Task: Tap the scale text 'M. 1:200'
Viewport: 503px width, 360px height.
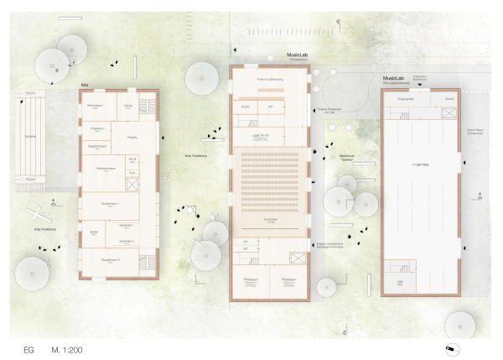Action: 66,347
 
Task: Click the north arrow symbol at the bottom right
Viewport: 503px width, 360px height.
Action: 452,347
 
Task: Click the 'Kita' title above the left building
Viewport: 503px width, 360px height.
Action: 84,86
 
